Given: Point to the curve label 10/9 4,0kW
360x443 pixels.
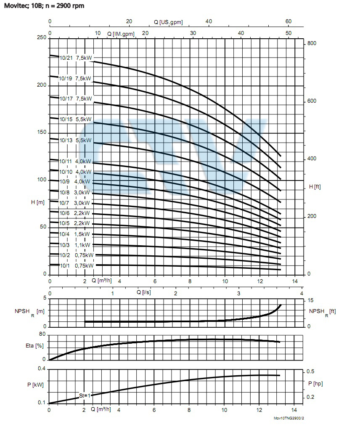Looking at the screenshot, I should tap(75, 182).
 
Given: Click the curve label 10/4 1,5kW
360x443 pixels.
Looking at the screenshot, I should tap(75, 234).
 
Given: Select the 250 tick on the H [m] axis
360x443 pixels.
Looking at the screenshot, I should tap(41, 38).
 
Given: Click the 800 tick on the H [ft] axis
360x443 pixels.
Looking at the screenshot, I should tap(312, 44).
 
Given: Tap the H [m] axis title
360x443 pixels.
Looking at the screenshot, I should tap(38, 202).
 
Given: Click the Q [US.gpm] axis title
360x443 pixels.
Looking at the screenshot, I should tap(168, 22).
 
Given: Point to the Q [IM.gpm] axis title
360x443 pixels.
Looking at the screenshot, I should tap(121, 34).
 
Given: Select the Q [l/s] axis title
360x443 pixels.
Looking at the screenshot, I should tap(144, 292).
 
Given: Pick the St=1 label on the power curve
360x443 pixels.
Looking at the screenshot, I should tap(85, 395).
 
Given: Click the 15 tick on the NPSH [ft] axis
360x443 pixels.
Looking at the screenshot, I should tap(311, 300).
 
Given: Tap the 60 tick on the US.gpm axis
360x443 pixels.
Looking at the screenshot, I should tap(288, 22).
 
